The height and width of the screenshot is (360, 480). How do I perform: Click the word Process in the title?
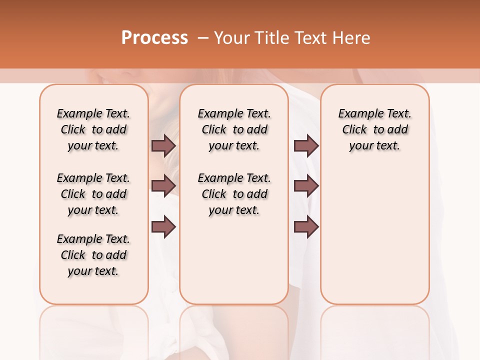(x=154, y=38)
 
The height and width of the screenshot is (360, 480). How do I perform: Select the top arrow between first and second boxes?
(x=163, y=145)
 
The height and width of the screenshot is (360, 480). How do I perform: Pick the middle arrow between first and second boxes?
(x=163, y=186)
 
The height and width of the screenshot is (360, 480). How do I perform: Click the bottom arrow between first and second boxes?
(x=163, y=227)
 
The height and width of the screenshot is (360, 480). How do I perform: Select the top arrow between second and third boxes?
(x=306, y=145)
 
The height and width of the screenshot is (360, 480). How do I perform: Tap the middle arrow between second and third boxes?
(x=306, y=186)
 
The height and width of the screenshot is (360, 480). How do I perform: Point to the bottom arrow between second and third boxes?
(x=306, y=227)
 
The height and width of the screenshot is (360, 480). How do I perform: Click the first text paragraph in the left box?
(x=93, y=129)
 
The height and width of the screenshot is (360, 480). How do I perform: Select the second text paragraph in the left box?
(x=93, y=194)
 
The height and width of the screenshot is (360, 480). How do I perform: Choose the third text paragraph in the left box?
(x=93, y=255)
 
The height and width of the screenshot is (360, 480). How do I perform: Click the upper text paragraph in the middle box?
(x=234, y=129)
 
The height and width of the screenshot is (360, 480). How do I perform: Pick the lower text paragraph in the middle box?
(x=234, y=194)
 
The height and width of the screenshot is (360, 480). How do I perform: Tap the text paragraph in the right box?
(x=374, y=129)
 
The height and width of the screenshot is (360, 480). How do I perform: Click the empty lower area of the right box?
(x=374, y=240)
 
